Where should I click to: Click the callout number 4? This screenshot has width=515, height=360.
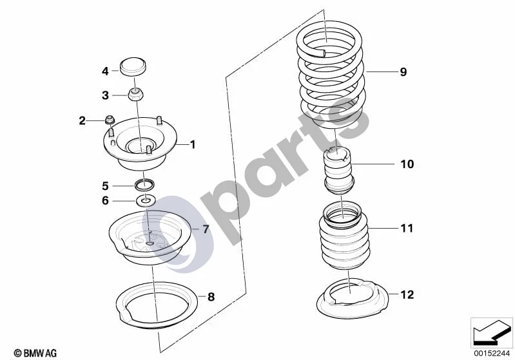pos(105,71)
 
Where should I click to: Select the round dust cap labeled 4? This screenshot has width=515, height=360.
pos(133,67)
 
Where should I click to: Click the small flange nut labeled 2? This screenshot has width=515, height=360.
pos(110,120)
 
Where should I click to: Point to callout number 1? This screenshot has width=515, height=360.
pos(193,144)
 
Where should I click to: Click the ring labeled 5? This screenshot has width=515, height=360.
pos(145,184)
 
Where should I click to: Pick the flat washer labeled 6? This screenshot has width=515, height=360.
pos(146,200)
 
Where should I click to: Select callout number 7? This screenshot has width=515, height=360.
pos(206,229)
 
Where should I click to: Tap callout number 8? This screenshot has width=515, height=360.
pos(211,297)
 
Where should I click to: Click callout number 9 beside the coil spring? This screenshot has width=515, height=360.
pos(403,72)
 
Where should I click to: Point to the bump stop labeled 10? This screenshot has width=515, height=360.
pos(339,172)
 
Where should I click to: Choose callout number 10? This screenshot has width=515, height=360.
pos(407,164)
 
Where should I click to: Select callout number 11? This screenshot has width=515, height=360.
pos(407,228)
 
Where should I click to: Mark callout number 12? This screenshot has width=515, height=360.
pos(407,295)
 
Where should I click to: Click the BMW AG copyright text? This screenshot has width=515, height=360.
pos(35,353)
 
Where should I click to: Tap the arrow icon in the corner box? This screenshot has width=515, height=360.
pos(492,332)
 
